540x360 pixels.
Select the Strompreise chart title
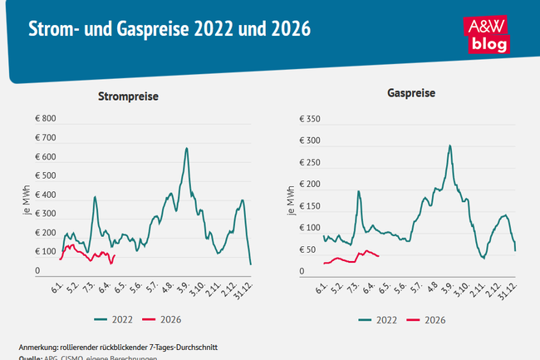point(128,96)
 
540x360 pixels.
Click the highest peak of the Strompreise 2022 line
point(186,149)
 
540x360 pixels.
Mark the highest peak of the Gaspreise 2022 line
point(449,145)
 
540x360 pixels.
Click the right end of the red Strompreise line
point(113,255)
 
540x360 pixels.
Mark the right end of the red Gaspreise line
point(378,256)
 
